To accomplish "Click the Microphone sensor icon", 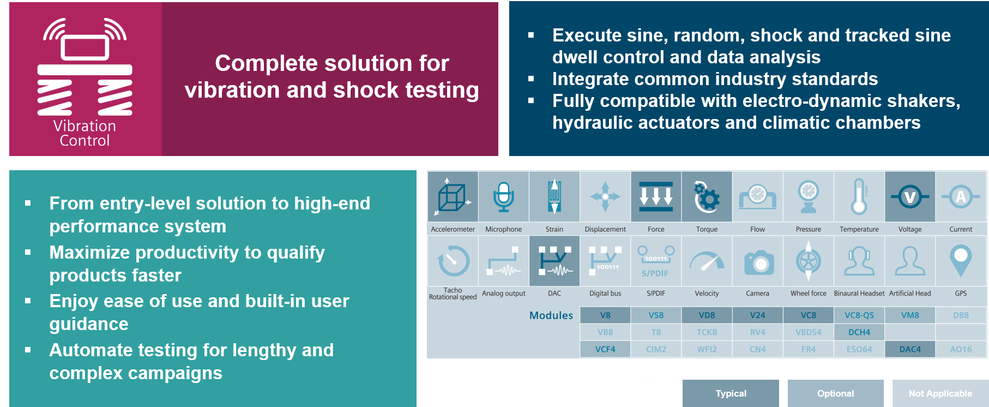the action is (x=504, y=197).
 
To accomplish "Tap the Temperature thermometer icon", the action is (x=859, y=196).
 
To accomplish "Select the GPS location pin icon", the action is (x=961, y=260).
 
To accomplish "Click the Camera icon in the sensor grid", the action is (x=758, y=262).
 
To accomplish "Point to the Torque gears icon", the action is (x=707, y=197).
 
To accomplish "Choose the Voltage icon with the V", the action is (x=910, y=197).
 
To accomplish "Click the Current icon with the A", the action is (x=961, y=197).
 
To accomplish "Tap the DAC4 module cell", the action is (x=910, y=349).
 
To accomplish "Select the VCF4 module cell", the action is (x=605, y=349).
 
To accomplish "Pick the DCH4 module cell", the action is (x=859, y=332).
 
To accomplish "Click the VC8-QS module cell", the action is (x=859, y=315).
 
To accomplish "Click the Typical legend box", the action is (x=731, y=393).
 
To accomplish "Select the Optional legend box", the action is (x=835, y=393).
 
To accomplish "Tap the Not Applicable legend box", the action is (x=940, y=393).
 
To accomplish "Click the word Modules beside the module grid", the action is (x=551, y=315).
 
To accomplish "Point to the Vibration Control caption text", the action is (x=85, y=133).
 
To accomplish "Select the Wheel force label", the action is (x=809, y=294).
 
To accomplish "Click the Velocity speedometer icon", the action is (x=707, y=261).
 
